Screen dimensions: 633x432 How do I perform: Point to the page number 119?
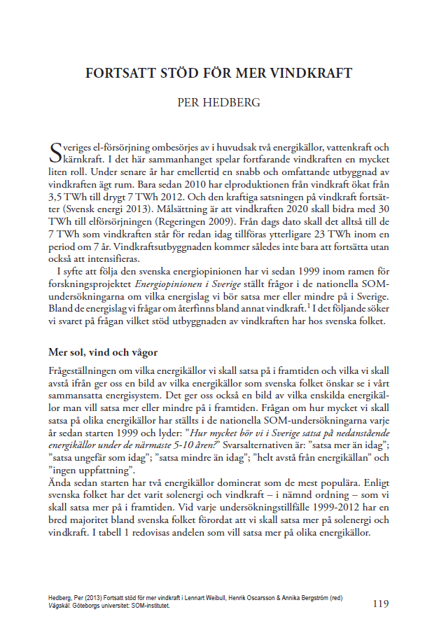coord(381,603)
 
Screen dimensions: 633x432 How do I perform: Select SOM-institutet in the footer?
coord(148,606)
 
